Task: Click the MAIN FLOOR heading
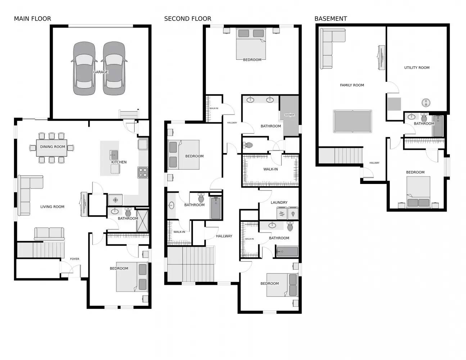[32, 19]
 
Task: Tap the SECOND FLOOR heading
[187, 19]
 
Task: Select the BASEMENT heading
[330, 19]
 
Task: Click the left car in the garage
[84, 68]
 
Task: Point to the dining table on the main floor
[51, 148]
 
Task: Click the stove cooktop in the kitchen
[143, 172]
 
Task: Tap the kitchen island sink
[114, 155]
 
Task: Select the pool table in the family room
[352, 121]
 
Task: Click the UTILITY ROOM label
[416, 68]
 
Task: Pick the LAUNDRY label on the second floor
[279, 203]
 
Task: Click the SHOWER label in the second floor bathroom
[289, 115]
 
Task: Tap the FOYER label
[74, 259]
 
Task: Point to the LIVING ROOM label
[52, 207]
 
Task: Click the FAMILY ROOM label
[352, 85]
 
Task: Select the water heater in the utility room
[426, 103]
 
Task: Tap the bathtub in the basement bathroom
[438, 126]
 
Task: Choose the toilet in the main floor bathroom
[128, 212]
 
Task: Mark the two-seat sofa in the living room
[49, 234]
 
